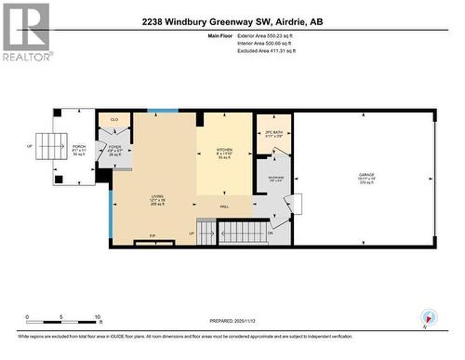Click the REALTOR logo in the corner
pyautogui.click(x=26, y=32)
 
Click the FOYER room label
pyautogui.click(x=114, y=147)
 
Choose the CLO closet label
pyautogui.click(x=114, y=120)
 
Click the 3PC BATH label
pyautogui.click(x=273, y=135)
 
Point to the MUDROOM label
pyautogui.click(x=276, y=180)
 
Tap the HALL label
pyautogui.click(x=224, y=207)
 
